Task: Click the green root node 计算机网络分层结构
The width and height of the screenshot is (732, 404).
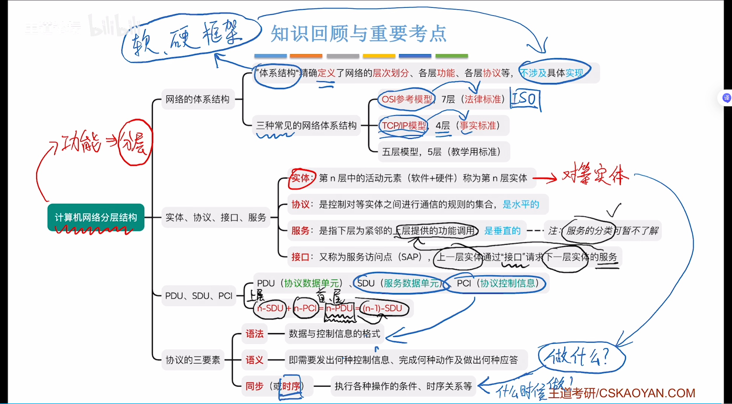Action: pyautogui.click(x=96, y=217)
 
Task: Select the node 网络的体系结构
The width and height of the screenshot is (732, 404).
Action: pyautogui.click(x=197, y=99)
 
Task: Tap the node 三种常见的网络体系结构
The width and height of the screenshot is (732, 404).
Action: pyautogui.click(x=306, y=126)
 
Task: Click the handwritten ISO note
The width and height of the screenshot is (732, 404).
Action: pyautogui.click(x=525, y=99)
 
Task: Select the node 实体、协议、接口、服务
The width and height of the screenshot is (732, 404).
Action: pyautogui.click(x=216, y=217)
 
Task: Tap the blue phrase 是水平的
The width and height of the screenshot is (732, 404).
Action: pyautogui.click(x=521, y=204)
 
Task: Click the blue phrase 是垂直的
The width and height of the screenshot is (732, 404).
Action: pyautogui.click(x=502, y=231)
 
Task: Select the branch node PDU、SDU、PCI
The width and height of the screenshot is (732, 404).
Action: pyautogui.click(x=199, y=296)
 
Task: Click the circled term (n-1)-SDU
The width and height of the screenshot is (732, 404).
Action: pyautogui.click(x=382, y=308)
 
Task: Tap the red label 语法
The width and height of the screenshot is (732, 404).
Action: pyautogui.click(x=254, y=334)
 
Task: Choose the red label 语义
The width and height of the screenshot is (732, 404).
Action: pyautogui.click(x=254, y=360)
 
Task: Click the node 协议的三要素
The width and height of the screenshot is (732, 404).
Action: pyautogui.click(x=193, y=360)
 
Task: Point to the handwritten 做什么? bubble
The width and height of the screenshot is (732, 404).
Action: pyautogui.click(x=581, y=357)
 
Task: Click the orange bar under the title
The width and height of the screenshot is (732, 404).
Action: pyautogui.click(x=306, y=56)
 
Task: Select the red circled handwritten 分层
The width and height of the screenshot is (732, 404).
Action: pyautogui.click(x=135, y=143)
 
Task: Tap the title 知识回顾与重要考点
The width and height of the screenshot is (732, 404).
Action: pyautogui.click(x=358, y=34)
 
